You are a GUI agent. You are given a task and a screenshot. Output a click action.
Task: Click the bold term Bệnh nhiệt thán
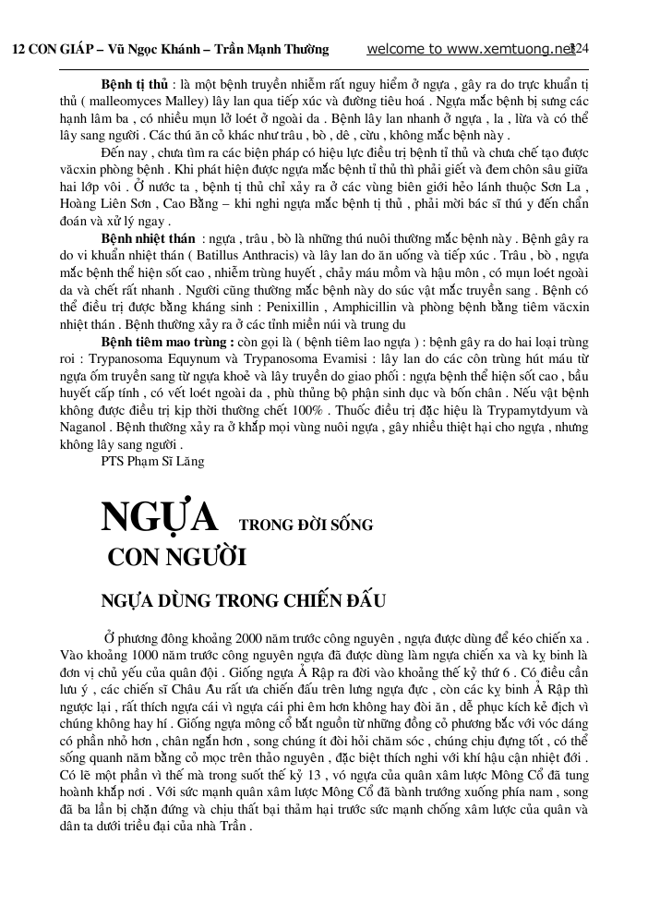click(148, 238)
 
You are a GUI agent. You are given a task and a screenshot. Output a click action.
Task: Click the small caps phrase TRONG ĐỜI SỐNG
click(306, 525)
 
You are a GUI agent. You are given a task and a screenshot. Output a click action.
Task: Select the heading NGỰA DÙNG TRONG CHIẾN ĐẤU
click(243, 600)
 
